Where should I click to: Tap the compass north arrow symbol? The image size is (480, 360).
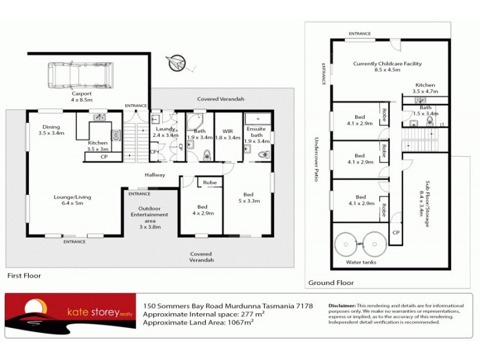coord(179,62)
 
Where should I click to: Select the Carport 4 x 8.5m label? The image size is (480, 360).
coord(82,97)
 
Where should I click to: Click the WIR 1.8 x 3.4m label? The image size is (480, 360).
coord(227,133)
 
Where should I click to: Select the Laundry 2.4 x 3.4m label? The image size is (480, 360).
coord(166,132)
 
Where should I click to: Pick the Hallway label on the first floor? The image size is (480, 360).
coord(154,175)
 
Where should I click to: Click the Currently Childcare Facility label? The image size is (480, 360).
coord(387,66)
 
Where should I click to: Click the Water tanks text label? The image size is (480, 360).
coord(361,262)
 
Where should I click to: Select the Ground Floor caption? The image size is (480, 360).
coord(331,283)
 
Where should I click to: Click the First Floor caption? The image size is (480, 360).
coord(24,275)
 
